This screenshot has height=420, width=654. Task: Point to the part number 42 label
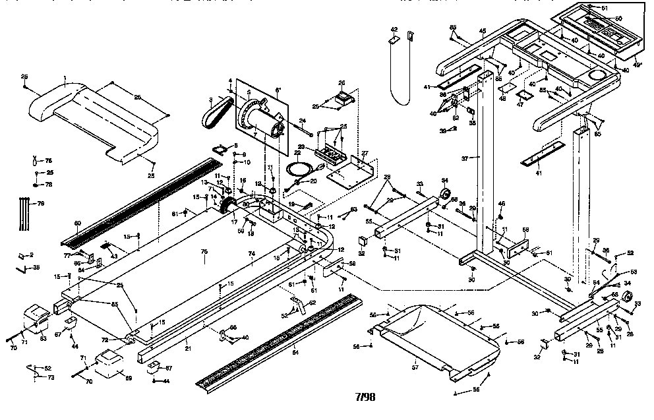point(394,30)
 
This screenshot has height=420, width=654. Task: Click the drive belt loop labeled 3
point(216,116)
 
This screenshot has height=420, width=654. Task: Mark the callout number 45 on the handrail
point(483,31)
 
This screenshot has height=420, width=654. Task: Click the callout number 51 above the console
point(605,8)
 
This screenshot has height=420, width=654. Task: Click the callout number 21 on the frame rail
point(188,348)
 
